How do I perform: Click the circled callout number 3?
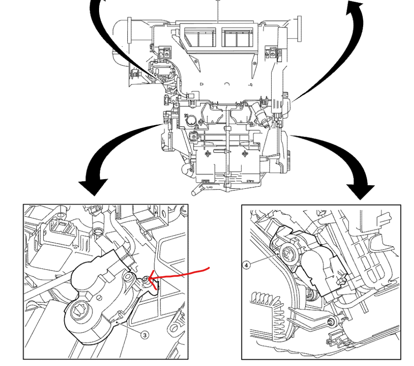pyautogui.click(x=145, y=335)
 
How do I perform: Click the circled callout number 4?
pyautogui.click(x=246, y=265)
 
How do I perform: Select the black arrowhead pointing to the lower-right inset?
pyautogui.click(x=364, y=190)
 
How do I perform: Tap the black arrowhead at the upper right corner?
pyautogui.click(x=355, y=9)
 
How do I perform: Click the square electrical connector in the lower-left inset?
pyautogui.click(x=57, y=229)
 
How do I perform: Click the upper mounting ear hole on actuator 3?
pyautogui.click(x=128, y=278)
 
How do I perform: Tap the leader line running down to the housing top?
pyautogui.click(x=218, y=11)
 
